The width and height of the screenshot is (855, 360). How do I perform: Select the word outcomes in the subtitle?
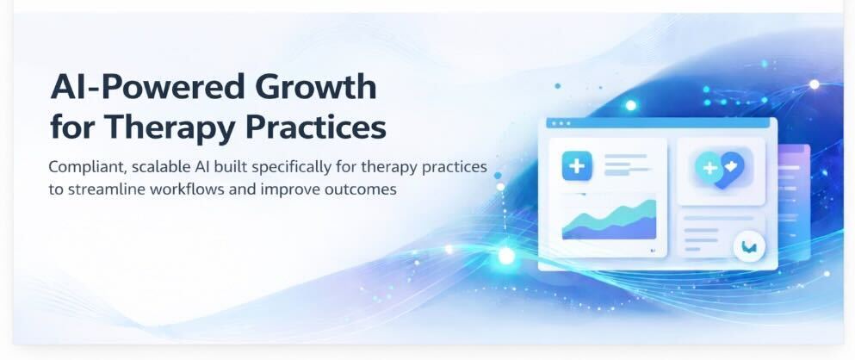pyautogui.click(x=358, y=189)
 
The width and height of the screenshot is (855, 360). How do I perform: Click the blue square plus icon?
pyautogui.click(x=575, y=165)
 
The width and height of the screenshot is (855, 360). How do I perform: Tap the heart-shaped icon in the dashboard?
pyautogui.click(x=721, y=168)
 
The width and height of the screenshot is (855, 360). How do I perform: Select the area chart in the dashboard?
pyautogui.click(x=609, y=221)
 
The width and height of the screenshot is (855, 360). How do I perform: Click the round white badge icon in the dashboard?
pyautogui.click(x=748, y=247)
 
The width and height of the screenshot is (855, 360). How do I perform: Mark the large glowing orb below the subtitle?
pyautogui.click(x=505, y=256)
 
